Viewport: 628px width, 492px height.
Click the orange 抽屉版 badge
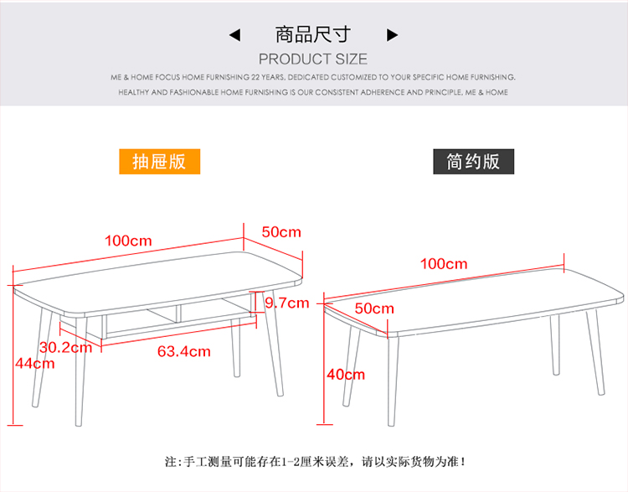[x=166, y=161]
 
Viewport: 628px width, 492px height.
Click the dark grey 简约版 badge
[x=473, y=161]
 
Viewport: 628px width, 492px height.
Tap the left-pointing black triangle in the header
[x=235, y=35]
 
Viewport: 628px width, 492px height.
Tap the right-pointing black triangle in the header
[x=392, y=35]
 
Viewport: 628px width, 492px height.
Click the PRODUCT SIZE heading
[x=313, y=59]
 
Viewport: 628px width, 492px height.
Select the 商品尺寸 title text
[x=313, y=34]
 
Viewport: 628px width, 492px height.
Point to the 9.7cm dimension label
[x=286, y=303]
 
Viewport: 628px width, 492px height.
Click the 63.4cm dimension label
[x=184, y=351]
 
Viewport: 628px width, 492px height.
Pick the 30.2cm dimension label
[x=65, y=347]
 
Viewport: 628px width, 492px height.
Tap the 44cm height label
[x=34, y=363]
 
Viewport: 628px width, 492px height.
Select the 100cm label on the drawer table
[x=128, y=241]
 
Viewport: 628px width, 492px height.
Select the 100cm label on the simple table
[x=444, y=264]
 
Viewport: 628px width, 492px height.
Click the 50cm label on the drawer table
[x=281, y=232]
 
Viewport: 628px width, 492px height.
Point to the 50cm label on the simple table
[x=373, y=308]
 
